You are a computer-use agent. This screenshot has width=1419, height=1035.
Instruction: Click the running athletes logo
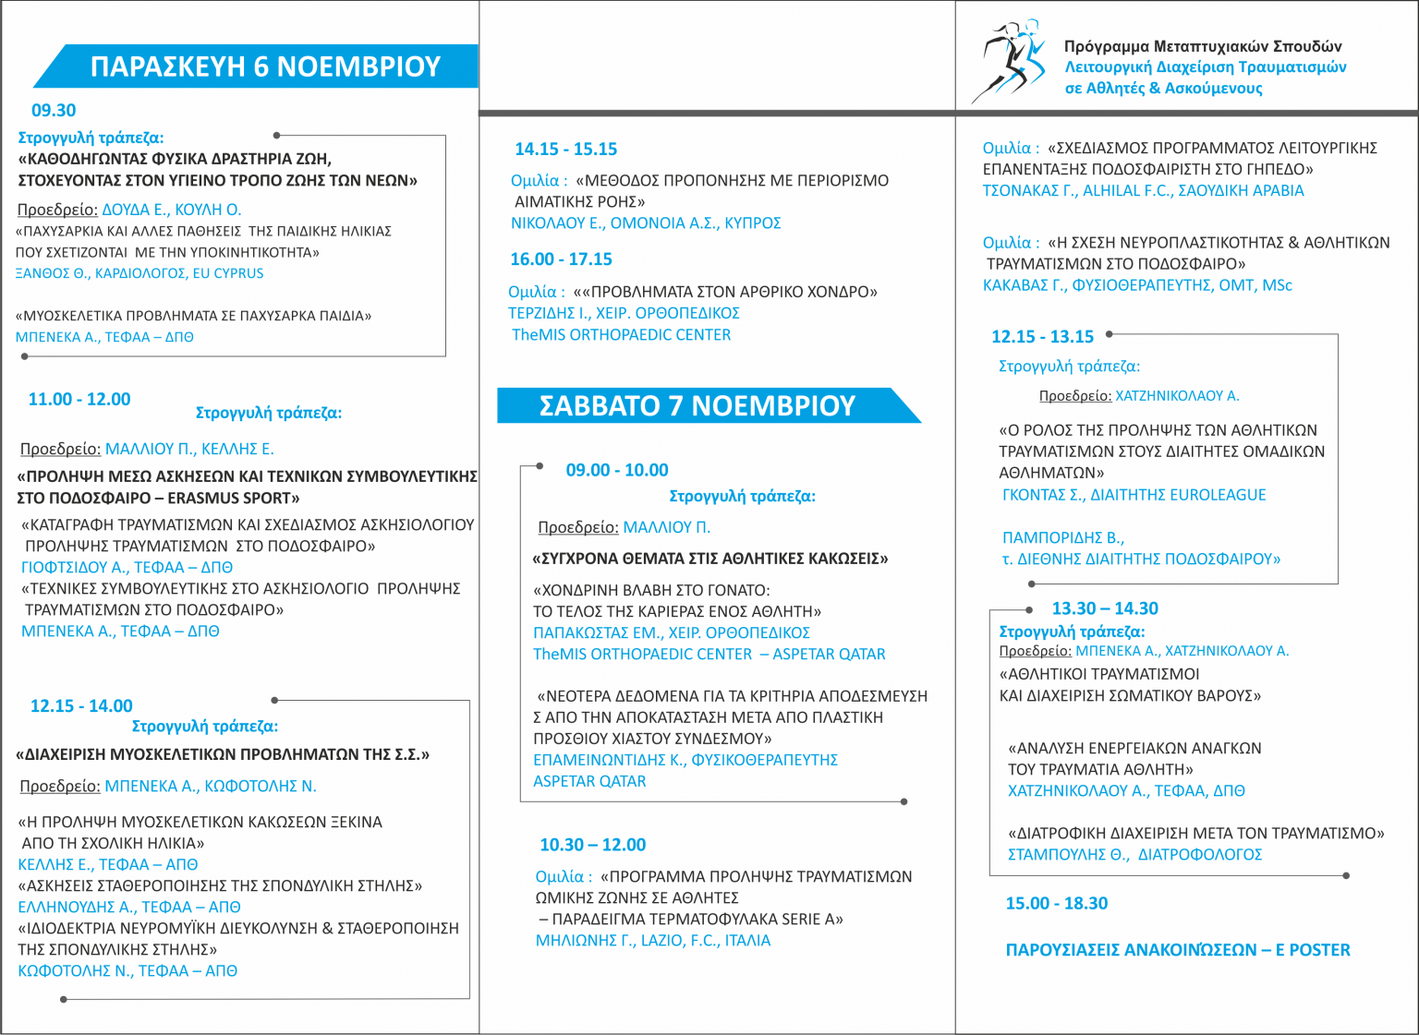[1009, 61]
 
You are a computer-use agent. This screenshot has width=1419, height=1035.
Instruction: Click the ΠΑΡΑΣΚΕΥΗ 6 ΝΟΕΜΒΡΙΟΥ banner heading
[265, 66]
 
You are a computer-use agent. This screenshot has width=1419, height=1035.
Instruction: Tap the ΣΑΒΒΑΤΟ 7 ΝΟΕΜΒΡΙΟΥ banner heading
[697, 405]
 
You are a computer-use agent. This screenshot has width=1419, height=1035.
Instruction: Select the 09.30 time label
[54, 111]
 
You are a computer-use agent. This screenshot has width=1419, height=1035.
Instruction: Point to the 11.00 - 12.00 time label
[79, 400]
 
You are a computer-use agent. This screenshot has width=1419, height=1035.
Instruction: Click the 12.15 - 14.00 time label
[81, 706]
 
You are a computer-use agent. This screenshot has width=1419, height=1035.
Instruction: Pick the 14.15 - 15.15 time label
[565, 150]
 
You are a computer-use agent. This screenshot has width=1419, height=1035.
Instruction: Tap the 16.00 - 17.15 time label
[561, 259]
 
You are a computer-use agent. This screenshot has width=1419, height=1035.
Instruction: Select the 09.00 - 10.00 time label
[617, 470]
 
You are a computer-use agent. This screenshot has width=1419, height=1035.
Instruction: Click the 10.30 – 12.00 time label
[593, 845]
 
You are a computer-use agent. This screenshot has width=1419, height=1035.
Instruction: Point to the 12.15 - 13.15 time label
[1042, 337]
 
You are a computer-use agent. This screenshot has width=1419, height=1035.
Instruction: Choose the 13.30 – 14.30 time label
[1105, 608]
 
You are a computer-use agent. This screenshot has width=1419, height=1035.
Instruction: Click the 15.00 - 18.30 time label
[1057, 904]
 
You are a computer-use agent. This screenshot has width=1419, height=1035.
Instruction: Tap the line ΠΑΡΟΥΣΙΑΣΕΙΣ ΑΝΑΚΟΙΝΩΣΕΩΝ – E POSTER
[1178, 950]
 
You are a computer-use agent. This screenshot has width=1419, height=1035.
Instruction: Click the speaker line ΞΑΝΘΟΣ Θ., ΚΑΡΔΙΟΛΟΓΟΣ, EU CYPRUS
[139, 273]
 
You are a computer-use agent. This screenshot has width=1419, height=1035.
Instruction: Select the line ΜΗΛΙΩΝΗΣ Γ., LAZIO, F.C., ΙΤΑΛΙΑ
[653, 941]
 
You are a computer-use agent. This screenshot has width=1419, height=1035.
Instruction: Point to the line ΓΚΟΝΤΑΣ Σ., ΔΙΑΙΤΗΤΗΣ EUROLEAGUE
[1134, 495]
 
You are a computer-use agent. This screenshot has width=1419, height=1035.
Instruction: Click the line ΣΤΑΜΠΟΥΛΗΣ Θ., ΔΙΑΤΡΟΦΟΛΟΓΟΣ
[1134, 855]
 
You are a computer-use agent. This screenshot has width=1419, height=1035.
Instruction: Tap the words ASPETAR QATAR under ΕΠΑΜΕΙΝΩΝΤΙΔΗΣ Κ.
[589, 781]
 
